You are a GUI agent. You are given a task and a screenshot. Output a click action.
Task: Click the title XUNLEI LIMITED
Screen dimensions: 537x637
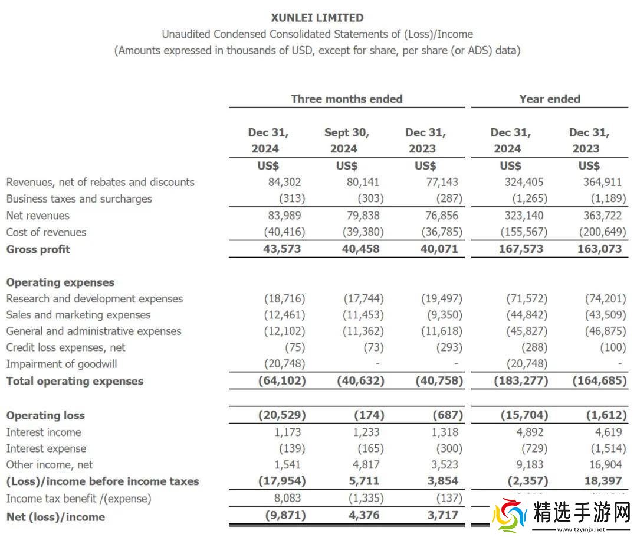pyautogui.click(x=317, y=18)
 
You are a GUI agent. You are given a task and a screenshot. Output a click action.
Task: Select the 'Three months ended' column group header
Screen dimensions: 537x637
pyautogui.click(x=347, y=99)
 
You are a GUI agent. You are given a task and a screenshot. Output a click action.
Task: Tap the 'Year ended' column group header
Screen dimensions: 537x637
pyautogui.click(x=550, y=99)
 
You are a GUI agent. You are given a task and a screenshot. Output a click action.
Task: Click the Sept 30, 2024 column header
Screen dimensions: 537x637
pyautogui.click(x=346, y=141)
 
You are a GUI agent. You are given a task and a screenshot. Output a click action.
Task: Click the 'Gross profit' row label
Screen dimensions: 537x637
pyautogui.click(x=38, y=249)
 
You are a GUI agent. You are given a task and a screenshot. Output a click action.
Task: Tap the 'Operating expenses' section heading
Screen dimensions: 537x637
pyautogui.click(x=60, y=282)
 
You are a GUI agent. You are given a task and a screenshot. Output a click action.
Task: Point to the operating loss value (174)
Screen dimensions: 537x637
pyautogui.click(x=370, y=415)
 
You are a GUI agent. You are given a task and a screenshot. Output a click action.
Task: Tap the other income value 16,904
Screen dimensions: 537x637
pyautogui.click(x=605, y=465)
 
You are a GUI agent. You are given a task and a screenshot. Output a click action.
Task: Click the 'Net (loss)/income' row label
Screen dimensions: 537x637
pyautogui.click(x=55, y=517)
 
